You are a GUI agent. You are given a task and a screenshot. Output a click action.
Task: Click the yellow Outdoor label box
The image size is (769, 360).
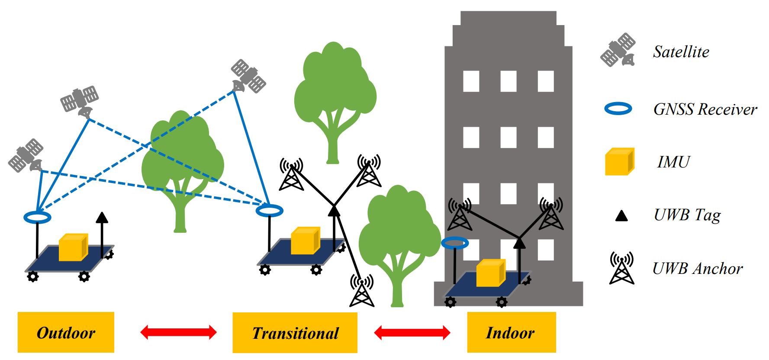(x=66, y=332)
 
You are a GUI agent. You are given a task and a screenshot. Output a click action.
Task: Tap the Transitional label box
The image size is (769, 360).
(x=295, y=333)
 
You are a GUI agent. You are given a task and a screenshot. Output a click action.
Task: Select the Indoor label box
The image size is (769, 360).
(x=511, y=332)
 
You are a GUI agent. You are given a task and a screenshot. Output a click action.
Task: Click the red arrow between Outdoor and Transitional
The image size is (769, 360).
(x=178, y=332)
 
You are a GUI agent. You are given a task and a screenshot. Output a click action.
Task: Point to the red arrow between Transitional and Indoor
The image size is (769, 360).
(x=412, y=333)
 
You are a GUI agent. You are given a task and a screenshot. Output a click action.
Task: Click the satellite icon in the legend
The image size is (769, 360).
(x=618, y=50)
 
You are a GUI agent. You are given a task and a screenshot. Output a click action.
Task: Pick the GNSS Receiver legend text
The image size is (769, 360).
(x=705, y=109)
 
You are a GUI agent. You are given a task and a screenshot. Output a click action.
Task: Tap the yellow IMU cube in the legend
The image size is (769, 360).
(x=619, y=162)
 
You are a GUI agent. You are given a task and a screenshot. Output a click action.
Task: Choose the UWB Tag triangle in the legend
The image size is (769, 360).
(x=621, y=215)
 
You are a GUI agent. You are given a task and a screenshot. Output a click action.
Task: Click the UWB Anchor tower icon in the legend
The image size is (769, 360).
(x=622, y=268)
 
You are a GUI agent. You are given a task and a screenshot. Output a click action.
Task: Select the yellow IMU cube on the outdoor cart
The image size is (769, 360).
(x=73, y=247)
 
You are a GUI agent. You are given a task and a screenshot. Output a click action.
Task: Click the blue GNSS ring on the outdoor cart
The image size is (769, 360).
(x=37, y=217)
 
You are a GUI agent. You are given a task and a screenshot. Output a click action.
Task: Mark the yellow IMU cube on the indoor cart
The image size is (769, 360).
(x=491, y=273)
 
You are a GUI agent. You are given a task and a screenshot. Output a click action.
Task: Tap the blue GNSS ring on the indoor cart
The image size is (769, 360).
(x=455, y=243)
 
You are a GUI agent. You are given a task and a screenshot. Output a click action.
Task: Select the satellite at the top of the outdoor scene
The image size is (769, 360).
(x=248, y=76)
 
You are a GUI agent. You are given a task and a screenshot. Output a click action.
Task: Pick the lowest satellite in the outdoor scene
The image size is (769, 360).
(x=26, y=155)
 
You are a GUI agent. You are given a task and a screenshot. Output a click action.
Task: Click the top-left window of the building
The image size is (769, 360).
(x=471, y=81)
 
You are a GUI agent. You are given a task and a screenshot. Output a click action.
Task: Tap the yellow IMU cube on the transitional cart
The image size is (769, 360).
(x=305, y=241)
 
